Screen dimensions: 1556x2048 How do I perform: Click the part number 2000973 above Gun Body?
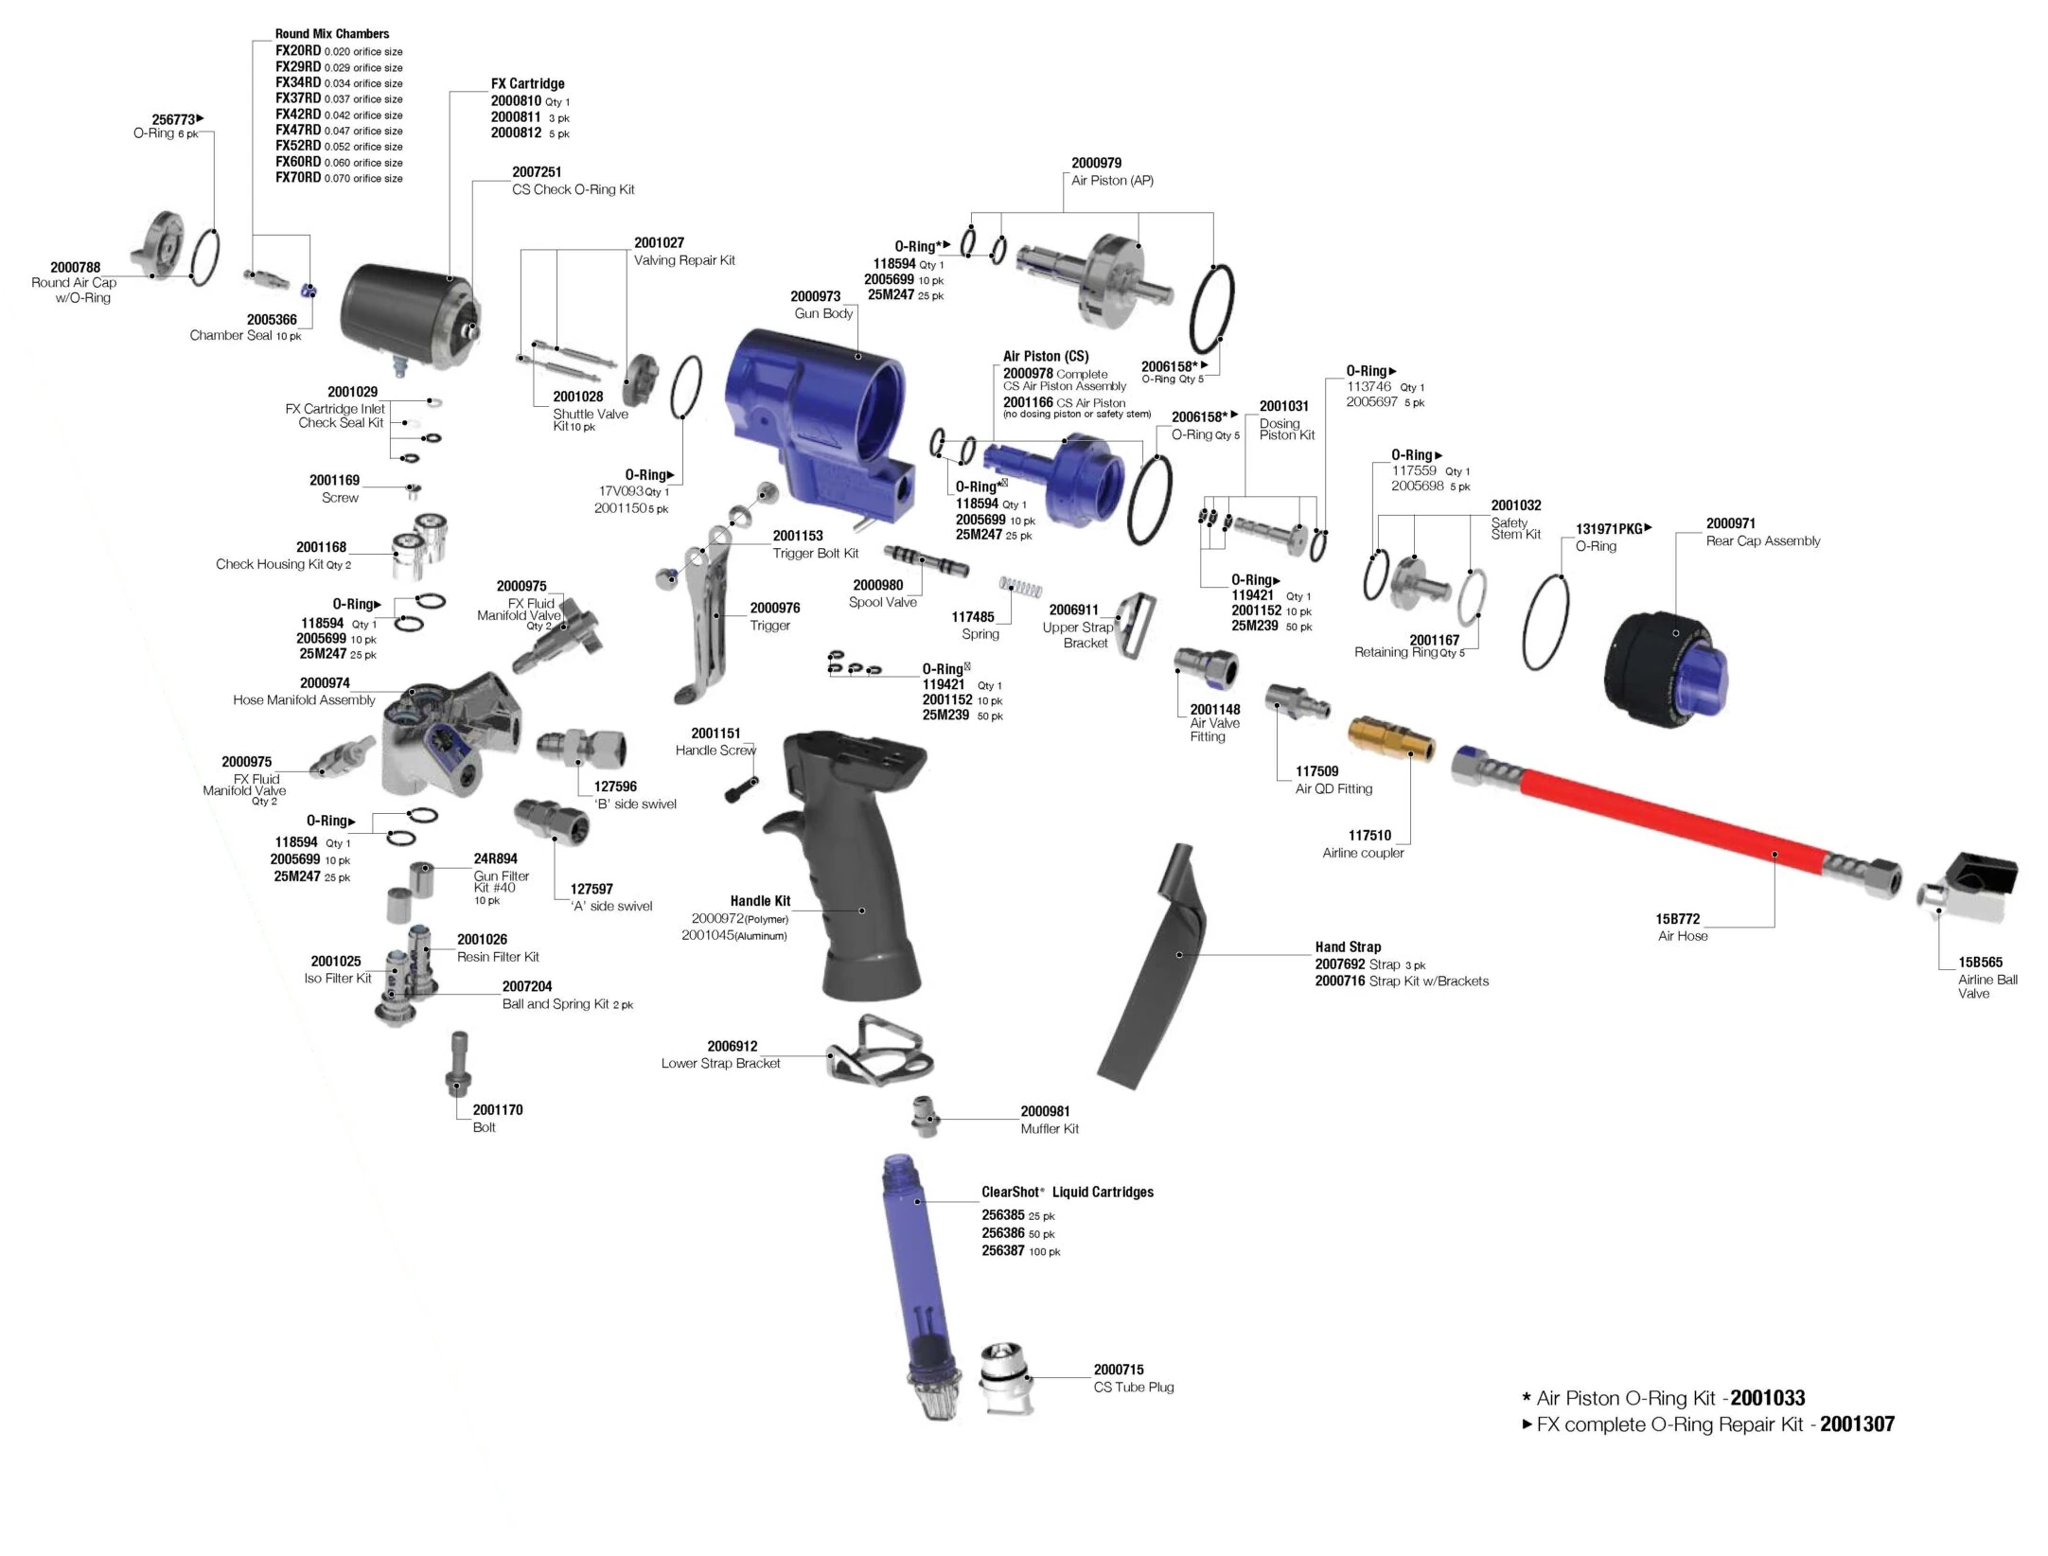point(815,296)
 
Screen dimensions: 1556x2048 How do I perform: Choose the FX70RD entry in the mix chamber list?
point(298,178)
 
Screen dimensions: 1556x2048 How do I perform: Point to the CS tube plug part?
point(1005,1377)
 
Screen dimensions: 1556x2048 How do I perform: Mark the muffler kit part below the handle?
point(925,1117)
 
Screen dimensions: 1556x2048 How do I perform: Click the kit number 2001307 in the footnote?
point(1857,1424)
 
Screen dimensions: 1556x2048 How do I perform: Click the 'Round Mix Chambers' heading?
point(331,34)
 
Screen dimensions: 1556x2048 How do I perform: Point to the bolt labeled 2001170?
point(459,1065)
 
